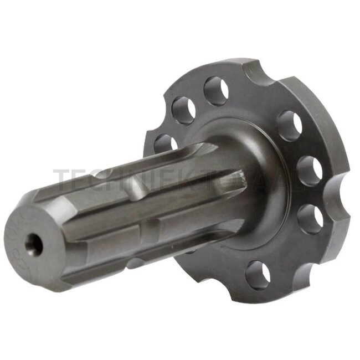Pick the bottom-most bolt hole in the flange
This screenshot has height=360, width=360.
(x=258, y=274)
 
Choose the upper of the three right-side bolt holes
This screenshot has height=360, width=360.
(x=289, y=126)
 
